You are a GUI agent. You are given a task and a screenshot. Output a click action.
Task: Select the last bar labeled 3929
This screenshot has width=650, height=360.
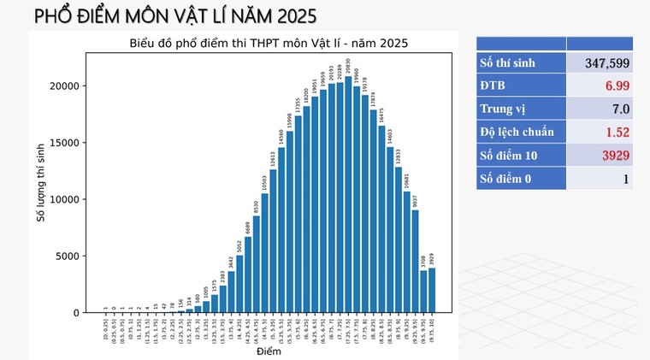click(431, 291)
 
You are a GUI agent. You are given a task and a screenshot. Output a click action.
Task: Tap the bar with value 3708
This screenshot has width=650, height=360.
click(422, 292)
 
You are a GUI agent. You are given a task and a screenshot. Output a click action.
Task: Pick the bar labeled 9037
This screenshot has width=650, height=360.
click(415, 262)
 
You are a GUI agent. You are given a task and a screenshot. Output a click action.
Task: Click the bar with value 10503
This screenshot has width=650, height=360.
click(265, 253)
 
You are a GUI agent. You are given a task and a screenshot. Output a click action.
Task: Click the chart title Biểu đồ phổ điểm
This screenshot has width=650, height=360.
click(269, 43)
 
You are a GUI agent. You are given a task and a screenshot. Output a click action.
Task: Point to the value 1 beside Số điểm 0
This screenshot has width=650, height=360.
click(626, 178)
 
